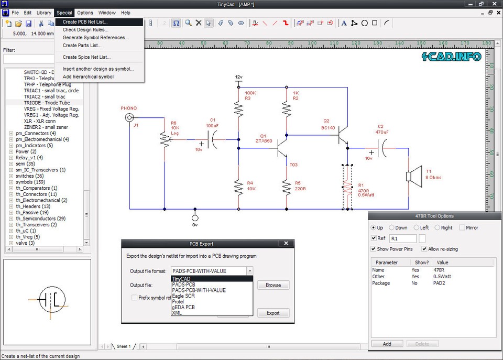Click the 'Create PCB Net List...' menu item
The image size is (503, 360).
92,22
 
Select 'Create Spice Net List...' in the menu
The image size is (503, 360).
86,57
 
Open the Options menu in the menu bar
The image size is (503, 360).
85,13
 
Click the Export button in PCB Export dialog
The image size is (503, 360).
273,313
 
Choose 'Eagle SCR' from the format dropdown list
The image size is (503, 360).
183,296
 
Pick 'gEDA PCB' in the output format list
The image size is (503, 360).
183,307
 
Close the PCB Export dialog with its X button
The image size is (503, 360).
286,243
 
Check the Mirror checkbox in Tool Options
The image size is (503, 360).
462,228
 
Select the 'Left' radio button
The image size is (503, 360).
417,228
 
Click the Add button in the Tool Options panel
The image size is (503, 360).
387,344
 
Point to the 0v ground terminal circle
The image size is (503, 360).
195,218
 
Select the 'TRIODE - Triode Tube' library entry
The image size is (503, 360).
47,103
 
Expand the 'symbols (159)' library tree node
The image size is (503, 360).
11,182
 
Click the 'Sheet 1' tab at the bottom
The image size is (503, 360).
123,346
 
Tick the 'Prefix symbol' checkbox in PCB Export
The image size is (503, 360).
135,298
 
